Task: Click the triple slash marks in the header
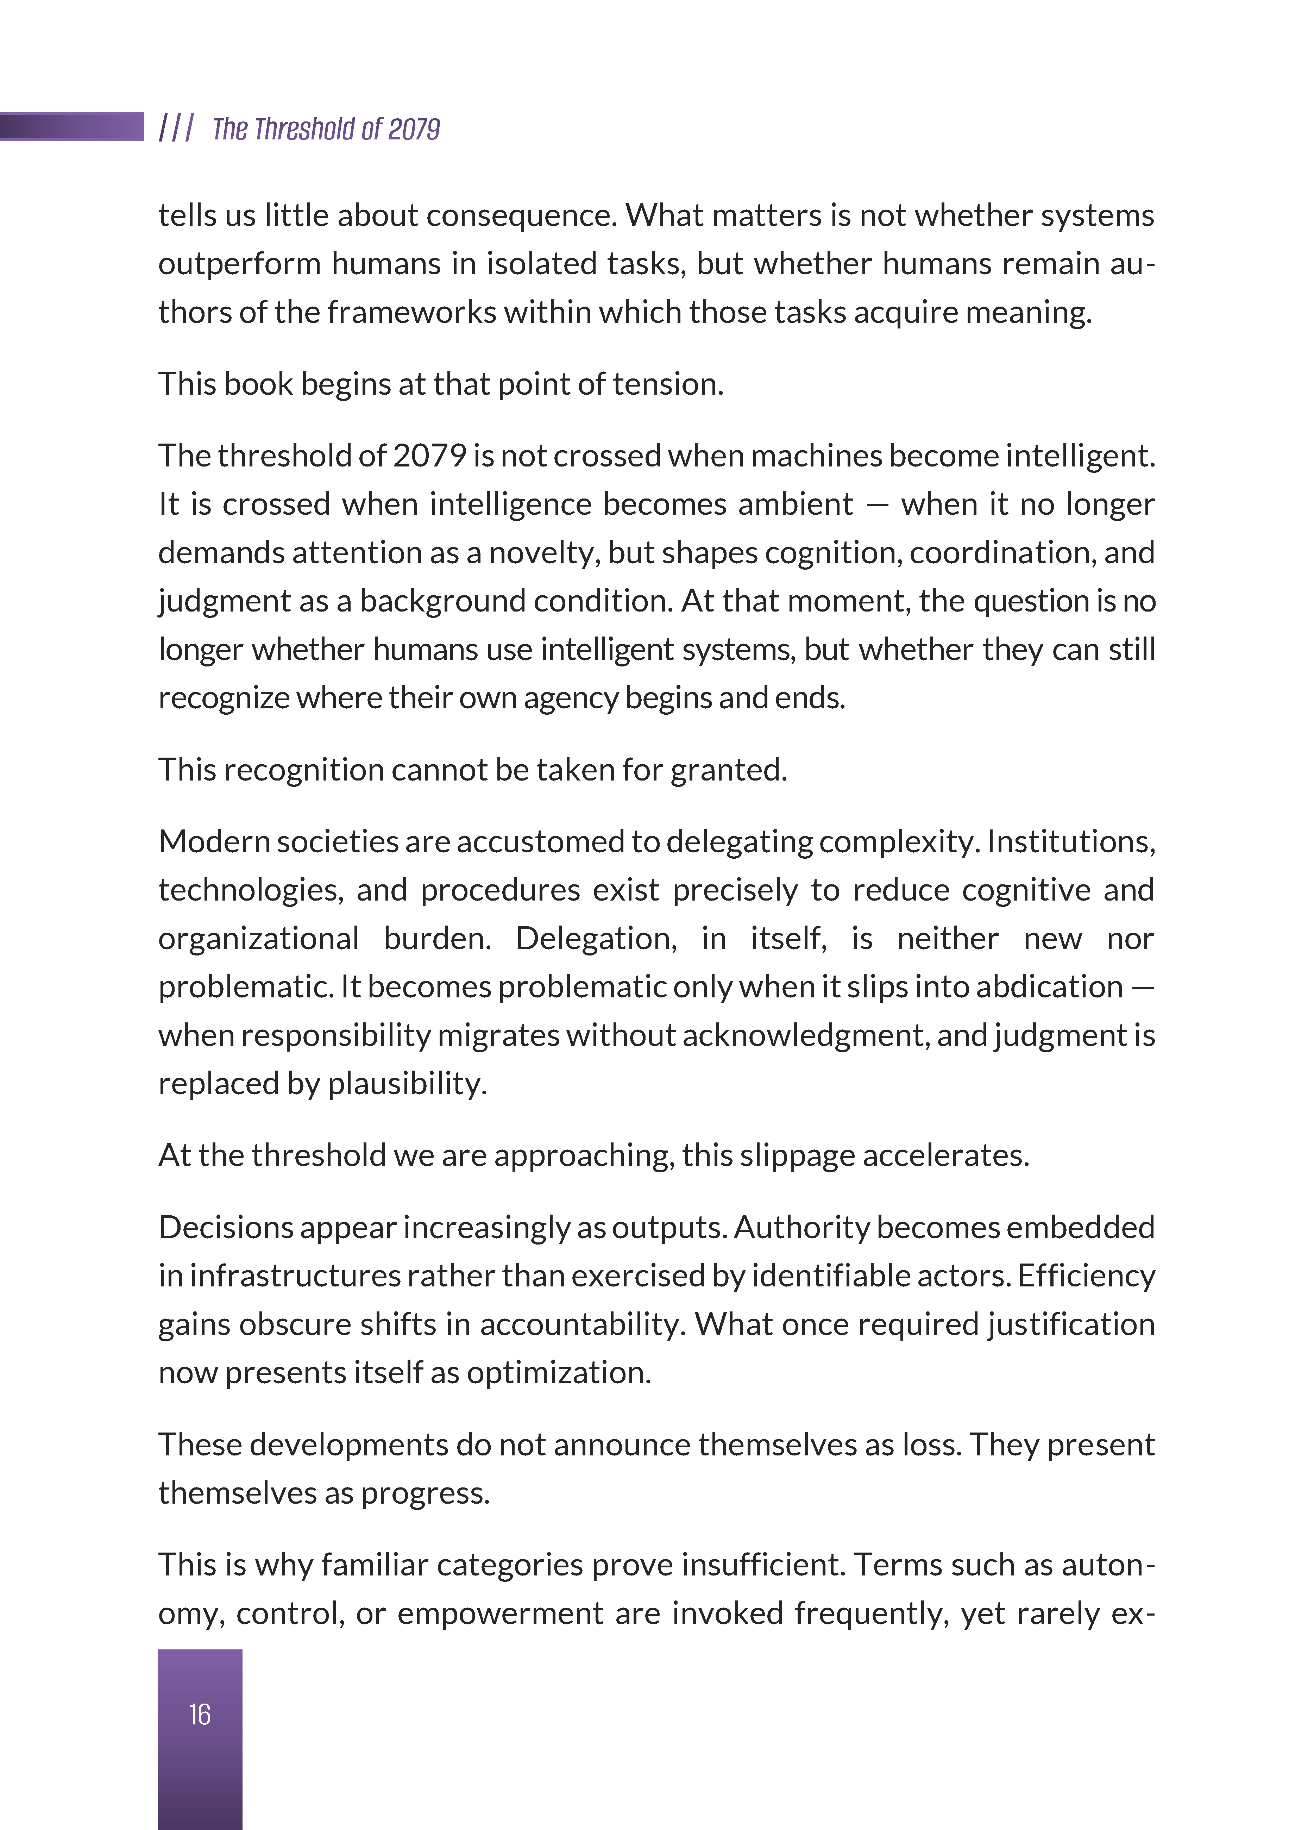click(x=176, y=127)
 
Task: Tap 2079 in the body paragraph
click(x=429, y=456)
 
